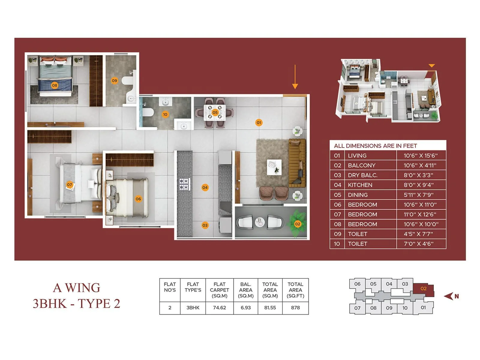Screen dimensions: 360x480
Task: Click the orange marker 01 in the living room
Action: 259,122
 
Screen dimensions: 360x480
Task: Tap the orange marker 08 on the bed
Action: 54,85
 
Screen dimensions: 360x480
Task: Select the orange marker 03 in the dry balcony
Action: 205,225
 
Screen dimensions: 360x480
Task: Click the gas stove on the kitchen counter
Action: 184,184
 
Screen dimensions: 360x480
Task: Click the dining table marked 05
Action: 215,112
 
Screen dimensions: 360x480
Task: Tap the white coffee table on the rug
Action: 274,167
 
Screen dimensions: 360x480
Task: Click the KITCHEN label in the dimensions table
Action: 360,185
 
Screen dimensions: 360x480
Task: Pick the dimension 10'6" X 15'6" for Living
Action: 420,155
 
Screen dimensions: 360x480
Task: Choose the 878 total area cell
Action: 295,307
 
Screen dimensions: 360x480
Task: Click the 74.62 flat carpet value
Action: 219,307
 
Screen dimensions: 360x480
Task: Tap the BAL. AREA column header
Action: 246,290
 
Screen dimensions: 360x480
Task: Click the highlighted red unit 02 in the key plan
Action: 423,289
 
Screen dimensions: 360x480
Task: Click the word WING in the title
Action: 82,288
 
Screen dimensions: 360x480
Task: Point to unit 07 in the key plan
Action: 357,308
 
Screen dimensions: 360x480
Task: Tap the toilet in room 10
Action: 148,112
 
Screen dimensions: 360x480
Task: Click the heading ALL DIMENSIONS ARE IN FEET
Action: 375,146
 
